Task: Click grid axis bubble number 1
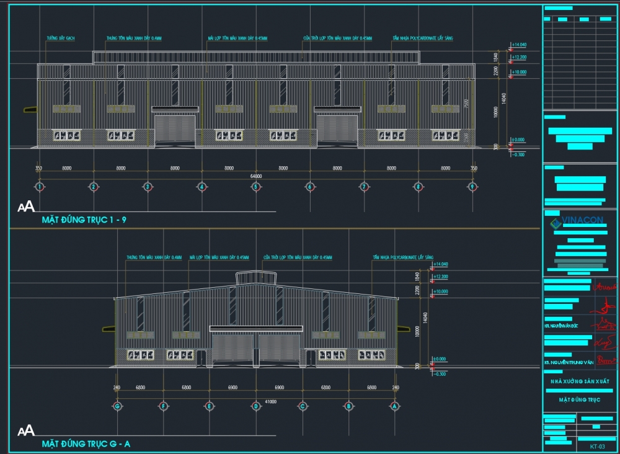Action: [x=40, y=186]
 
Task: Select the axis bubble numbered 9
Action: [x=472, y=186]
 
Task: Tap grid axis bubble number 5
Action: [x=255, y=186]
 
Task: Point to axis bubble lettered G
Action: [x=117, y=406]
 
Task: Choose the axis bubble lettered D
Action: [x=255, y=406]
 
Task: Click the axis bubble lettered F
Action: [x=163, y=406]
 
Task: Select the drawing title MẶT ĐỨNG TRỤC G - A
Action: [x=86, y=444]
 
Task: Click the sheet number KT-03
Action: [x=597, y=446]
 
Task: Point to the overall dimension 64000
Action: [x=255, y=176]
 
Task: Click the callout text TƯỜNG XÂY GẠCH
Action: [x=61, y=38]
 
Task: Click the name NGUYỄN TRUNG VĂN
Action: [x=573, y=362]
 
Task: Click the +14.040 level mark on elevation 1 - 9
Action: [x=518, y=45]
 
